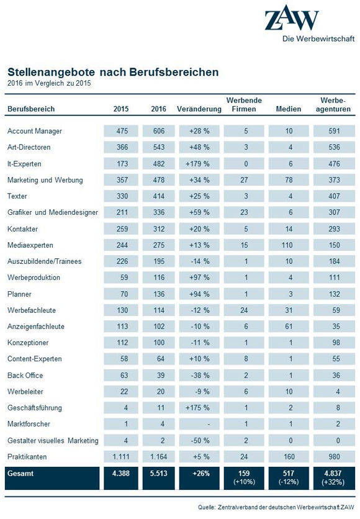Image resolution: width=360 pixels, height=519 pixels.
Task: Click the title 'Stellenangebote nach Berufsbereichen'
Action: tap(113, 72)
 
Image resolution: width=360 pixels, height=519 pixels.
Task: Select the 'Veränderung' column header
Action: tap(199, 109)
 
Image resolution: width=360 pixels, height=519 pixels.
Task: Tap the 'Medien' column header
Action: tap(289, 109)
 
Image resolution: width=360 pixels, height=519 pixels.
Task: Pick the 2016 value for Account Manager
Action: tap(159, 131)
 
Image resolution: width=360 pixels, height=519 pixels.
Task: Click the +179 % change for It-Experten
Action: tap(199, 164)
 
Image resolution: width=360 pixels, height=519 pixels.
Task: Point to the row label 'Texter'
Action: tap(17, 196)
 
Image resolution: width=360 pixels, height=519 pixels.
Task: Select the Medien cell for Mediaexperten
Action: tap(289, 245)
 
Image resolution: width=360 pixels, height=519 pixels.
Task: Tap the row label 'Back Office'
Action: tap(25, 376)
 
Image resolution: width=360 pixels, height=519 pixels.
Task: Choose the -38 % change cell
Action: tap(199, 376)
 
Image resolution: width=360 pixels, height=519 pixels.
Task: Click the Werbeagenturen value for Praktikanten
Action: tap(333, 457)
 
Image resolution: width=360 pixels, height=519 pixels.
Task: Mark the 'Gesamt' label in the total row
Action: tap(20, 474)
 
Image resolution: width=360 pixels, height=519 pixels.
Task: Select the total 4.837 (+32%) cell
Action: tap(333, 478)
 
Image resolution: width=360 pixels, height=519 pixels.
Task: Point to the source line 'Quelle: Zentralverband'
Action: tap(276, 507)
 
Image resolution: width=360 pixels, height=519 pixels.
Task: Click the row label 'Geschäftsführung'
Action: tap(35, 408)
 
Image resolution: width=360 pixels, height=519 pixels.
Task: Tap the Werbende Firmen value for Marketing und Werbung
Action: tap(244, 180)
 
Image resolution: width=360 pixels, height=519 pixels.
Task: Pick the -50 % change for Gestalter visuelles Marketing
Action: tap(199, 441)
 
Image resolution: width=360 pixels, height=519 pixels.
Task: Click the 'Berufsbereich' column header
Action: tap(31, 109)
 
